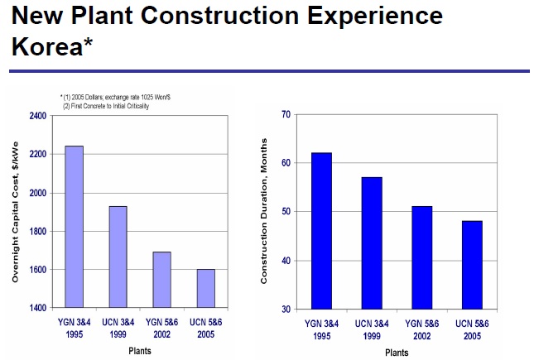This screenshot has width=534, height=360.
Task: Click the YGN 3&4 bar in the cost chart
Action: tap(74, 227)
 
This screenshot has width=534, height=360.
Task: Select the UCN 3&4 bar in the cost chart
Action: tap(118, 257)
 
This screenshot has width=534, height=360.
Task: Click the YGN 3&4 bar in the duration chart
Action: tap(321, 231)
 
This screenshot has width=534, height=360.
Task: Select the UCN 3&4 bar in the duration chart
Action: tap(370, 243)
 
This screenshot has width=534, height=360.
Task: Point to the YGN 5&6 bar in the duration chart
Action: tap(421, 257)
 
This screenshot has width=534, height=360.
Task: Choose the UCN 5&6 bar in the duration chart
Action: tap(472, 265)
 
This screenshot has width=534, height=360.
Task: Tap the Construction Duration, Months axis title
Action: tap(264, 212)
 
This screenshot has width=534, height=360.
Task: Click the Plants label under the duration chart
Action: tap(396, 353)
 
